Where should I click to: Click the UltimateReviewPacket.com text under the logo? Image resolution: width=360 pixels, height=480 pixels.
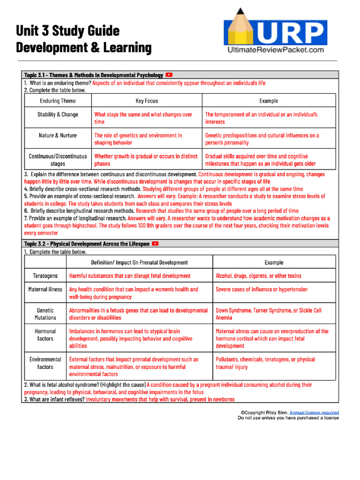click(x=275, y=49)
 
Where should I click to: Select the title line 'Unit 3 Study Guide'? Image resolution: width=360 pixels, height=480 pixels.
click(x=68, y=31)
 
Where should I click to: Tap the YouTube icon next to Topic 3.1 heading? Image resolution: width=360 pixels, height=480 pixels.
click(x=169, y=75)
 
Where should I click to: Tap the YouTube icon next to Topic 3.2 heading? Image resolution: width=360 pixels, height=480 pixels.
click(x=156, y=244)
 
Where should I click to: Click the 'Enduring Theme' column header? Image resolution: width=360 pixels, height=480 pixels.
click(x=58, y=101)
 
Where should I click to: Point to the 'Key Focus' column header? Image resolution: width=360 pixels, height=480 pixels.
click(x=147, y=101)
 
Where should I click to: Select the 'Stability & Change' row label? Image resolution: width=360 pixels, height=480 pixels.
click(x=58, y=114)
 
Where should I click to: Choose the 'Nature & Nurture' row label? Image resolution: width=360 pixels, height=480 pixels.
click(x=58, y=135)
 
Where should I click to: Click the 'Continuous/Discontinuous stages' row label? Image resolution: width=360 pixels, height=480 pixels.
click(x=58, y=160)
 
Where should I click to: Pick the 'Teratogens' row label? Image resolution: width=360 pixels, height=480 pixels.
click(x=45, y=276)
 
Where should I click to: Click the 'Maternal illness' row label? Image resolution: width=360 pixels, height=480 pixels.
click(x=45, y=290)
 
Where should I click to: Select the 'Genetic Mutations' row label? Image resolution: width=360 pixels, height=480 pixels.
click(x=45, y=314)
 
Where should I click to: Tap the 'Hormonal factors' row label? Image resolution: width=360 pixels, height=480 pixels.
click(x=45, y=335)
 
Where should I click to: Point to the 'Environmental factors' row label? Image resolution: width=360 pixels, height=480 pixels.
click(x=45, y=363)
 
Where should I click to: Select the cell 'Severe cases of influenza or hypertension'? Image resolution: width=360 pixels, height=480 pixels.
click(x=262, y=290)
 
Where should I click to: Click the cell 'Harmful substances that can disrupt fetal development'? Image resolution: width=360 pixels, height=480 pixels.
click(x=130, y=276)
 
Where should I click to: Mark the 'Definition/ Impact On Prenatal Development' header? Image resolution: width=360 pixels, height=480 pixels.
click(x=139, y=262)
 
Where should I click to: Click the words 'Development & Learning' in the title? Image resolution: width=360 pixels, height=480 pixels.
click(x=84, y=48)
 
